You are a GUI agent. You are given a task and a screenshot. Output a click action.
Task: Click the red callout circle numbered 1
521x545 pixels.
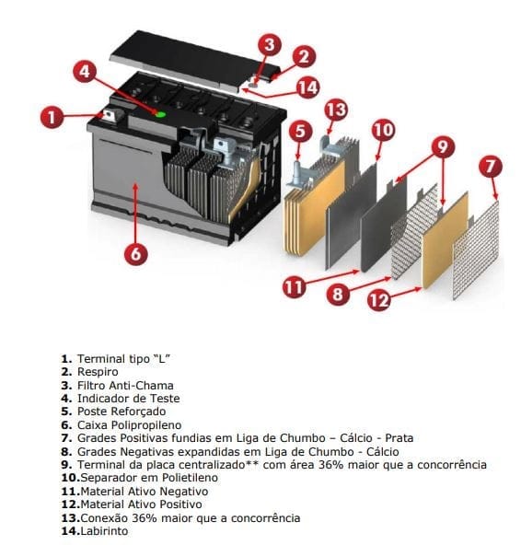point(52,117)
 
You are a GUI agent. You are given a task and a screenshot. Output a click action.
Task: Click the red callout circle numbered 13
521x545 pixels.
point(336,110)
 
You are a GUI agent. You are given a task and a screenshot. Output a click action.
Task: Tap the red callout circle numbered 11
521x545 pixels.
point(294,287)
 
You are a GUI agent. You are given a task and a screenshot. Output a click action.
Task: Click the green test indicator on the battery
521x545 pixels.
point(159,114)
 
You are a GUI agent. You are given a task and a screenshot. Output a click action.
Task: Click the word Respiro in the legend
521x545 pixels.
point(98,371)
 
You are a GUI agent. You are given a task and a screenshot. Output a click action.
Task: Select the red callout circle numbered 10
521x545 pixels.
point(382,130)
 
